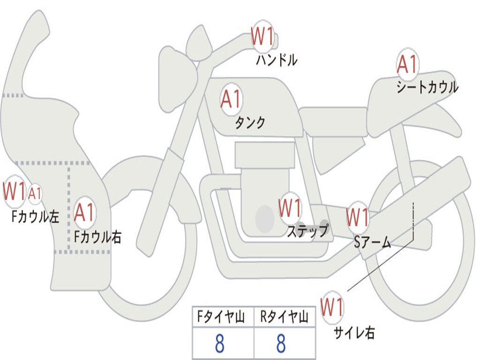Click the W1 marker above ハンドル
point(262,36)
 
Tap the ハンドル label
point(277,60)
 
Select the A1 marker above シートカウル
point(407,64)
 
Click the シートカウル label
point(427,87)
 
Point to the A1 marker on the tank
point(232,99)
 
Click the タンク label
point(250,122)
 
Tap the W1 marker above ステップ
point(290,208)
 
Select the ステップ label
point(307,231)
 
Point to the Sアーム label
point(373,242)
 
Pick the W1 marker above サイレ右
point(332,307)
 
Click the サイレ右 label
point(354,333)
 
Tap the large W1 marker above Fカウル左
point(15,191)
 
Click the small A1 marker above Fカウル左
point(35,194)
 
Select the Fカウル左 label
point(35,217)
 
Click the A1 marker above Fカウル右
point(84,212)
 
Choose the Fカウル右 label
point(97,237)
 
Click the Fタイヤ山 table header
point(221,316)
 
